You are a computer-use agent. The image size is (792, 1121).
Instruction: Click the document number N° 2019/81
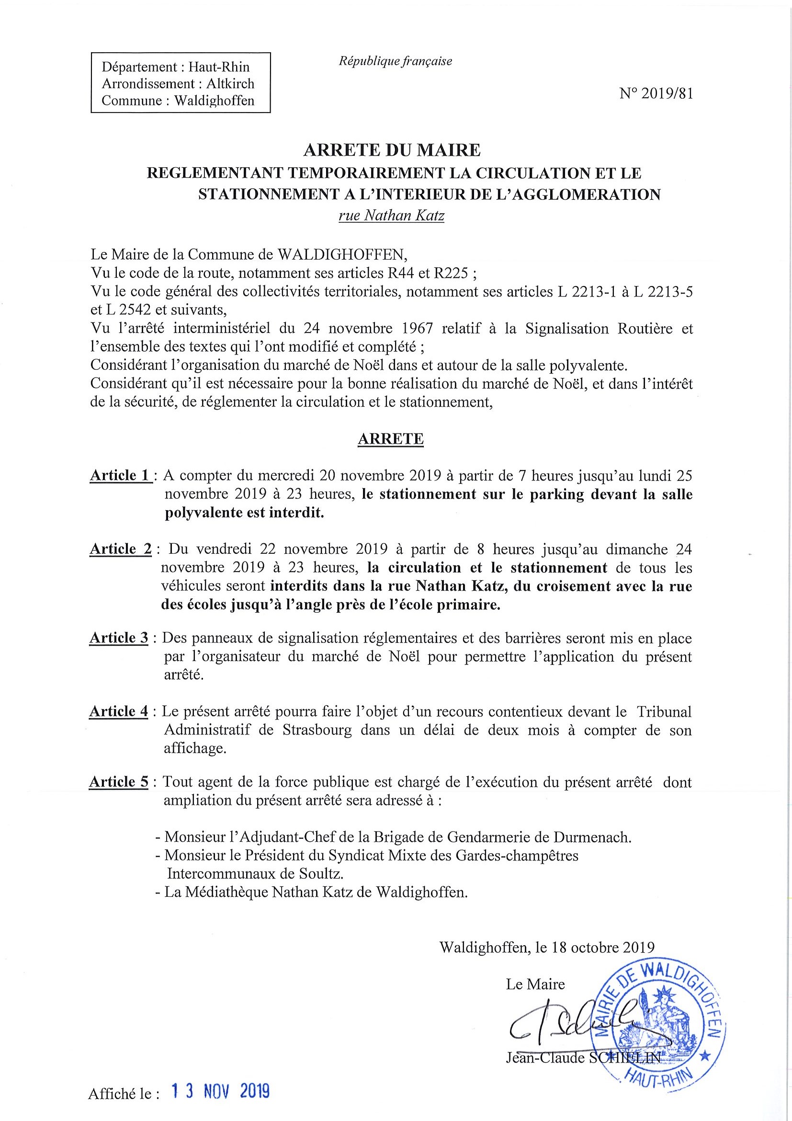[x=656, y=93]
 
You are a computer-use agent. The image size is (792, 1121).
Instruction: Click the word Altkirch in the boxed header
[x=230, y=83]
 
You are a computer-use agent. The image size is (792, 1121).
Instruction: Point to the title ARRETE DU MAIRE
[x=392, y=150]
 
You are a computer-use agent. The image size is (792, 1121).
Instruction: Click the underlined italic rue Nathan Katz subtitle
[x=391, y=215]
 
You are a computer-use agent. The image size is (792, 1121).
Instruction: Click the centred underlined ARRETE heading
[x=390, y=439]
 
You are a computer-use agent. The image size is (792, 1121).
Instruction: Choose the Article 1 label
[x=120, y=475]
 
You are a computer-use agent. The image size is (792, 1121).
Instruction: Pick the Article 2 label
[x=121, y=549]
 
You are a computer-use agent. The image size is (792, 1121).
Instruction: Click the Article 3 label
[x=119, y=638]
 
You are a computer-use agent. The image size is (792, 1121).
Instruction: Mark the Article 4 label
[x=119, y=711]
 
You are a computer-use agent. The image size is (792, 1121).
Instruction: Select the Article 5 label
[x=119, y=782]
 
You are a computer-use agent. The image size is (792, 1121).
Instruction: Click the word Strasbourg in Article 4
[x=317, y=730]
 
